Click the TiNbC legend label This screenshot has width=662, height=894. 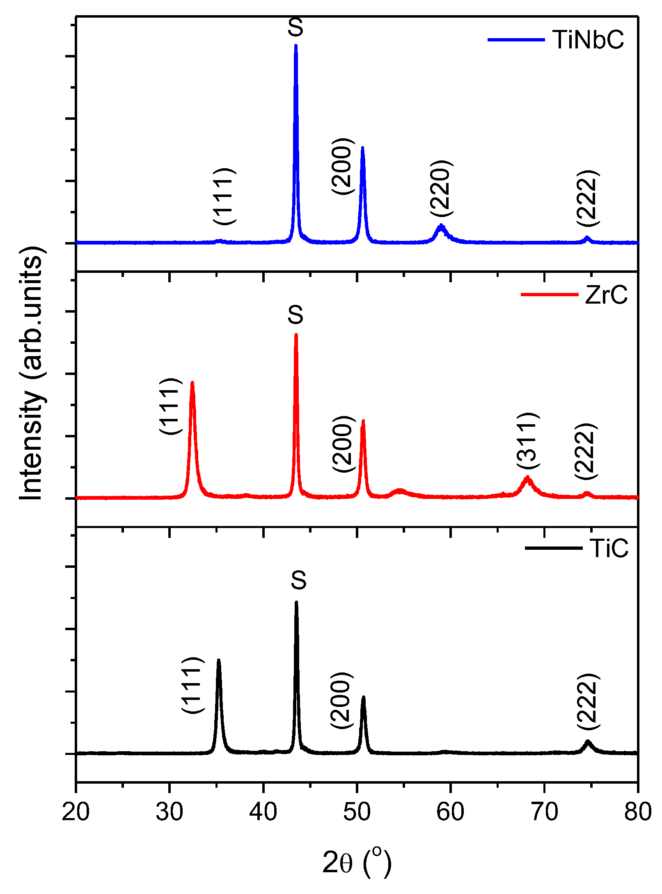pyautogui.click(x=588, y=40)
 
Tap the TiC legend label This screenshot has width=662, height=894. pyautogui.click(x=609, y=548)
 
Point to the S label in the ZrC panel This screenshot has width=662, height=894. pyautogui.click(x=295, y=315)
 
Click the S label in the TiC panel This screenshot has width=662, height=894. pyautogui.click(x=298, y=580)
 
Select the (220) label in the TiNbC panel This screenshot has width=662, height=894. pyautogui.click(x=442, y=188)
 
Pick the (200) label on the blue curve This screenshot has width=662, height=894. pyautogui.click(x=342, y=166)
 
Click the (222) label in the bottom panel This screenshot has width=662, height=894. pyautogui.click(x=588, y=701)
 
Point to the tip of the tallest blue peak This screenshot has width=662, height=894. pyautogui.click(x=296, y=46)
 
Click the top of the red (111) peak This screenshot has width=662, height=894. pyautogui.click(x=192, y=383)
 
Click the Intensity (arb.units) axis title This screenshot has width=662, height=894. pyautogui.click(x=31, y=373)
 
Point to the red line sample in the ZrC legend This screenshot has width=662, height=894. pyautogui.click(x=549, y=294)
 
